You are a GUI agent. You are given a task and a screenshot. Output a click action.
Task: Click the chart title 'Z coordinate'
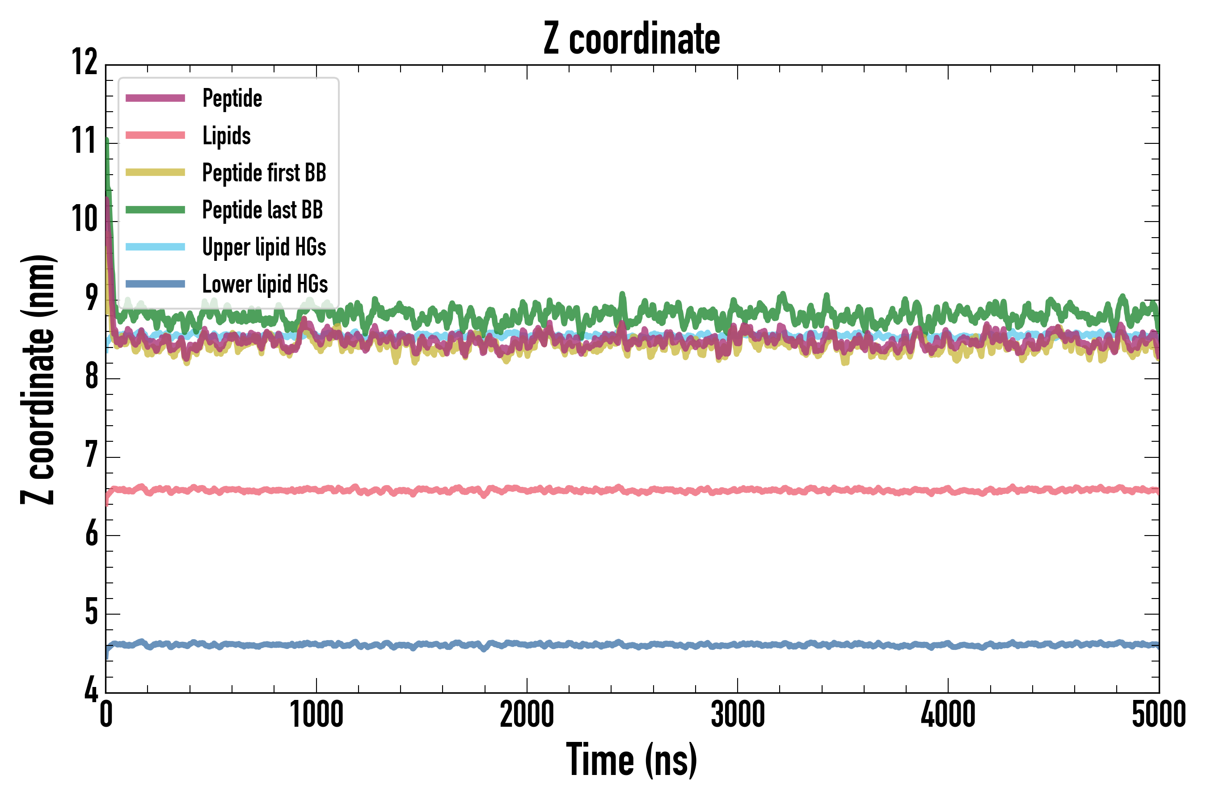pos(632,39)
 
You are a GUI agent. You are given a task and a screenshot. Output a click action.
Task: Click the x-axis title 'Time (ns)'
pos(632,760)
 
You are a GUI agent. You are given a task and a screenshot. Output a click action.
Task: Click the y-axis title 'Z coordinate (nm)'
pos(38,379)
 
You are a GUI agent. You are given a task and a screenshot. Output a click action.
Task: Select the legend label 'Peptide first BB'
pos(264,173)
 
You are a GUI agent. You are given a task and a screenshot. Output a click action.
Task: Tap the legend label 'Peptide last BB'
pos(262,210)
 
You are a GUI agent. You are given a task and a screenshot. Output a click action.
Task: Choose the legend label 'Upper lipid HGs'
pos(264,247)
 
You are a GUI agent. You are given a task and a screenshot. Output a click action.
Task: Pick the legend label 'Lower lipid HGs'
pos(265,284)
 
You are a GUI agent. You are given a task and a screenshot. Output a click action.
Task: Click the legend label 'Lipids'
pos(226,136)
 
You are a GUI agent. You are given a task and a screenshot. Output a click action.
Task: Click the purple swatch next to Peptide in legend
pos(155,98)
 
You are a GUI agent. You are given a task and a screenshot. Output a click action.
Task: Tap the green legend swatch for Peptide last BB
pos(155,210)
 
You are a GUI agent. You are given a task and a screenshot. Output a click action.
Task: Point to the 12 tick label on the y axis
pos(84,62)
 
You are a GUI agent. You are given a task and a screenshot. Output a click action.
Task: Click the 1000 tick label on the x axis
pos(316,715)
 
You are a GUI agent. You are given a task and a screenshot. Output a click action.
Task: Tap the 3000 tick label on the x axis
pos(738,715)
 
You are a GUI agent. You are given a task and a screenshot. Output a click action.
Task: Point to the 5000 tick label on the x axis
pos(1158,715)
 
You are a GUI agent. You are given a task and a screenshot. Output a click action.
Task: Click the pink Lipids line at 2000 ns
pos(527,490)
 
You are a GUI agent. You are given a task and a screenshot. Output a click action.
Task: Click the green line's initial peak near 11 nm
pos(107,141)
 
